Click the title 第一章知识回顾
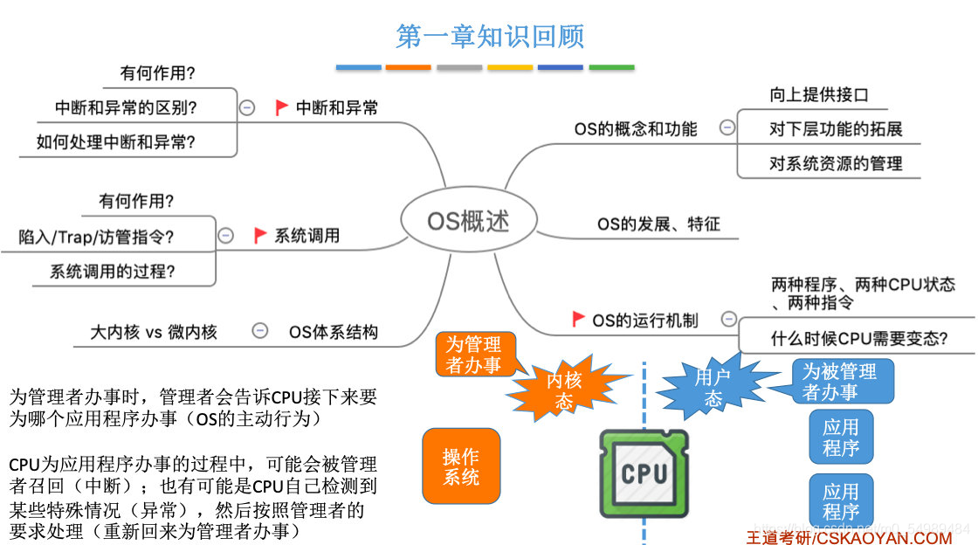pyautogui.click(x=490, y=36)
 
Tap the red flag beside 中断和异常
pyautogui.click(x=281, y=107)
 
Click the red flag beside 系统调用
pyautogui.click(x=260, y=235)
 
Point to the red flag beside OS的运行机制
pyautogui.click(x=578, y=319)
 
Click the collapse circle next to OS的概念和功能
pyautogui.click(x=727, y=128)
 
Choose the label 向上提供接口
pyautogui.click(x=818, y=94)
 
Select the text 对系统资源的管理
pyautogui.click(x=835, y=163)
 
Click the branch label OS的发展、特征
pyautogui.click(x=658, y=224)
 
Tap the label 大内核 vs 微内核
pyautogui.click(x=154, y=332)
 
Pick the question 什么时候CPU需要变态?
pyautogui.click(x=859, y=338)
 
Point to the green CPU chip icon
pyautogui.click(x=644, y=473)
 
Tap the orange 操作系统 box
pyautogui.click(x=461, y=467)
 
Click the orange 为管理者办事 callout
pyautogui.click(x=473, y=355)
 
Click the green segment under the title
pyautogui.click(x=611, y=67)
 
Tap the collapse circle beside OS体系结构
pyautogui.click(x=259, y=331)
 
